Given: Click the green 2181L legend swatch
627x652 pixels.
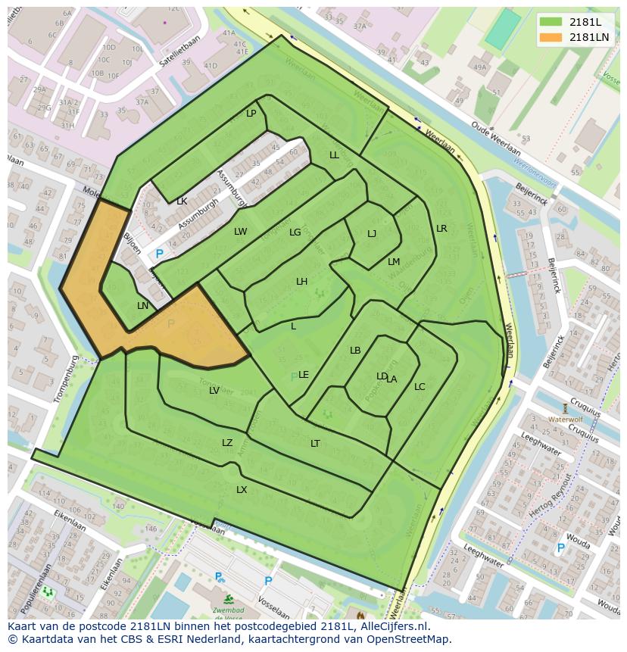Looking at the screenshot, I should pyautogui.click(x=550, y=22).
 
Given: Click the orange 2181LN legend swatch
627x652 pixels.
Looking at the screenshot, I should pyautogui.click(x=550, y=36).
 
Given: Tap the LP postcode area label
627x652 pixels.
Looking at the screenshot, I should pyautogui.click(x=251, y=114).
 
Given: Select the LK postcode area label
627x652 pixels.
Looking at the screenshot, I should pyautogui.click(x=182, y=201).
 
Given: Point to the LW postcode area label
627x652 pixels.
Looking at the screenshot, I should pyautogui.click(x=240, y=232).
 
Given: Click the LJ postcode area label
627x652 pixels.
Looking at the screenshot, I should pyautogui.click(x=372, y=234).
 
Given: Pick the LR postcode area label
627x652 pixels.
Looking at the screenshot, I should pyautogui.click(x=441, y=229).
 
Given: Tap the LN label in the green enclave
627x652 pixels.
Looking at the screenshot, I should pyautogui.click(x=143, y=306).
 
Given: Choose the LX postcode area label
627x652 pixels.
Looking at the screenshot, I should pyautogui.click(x=242, y=490).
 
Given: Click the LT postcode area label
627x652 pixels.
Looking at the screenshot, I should pyautogui.click(x=315, y=444).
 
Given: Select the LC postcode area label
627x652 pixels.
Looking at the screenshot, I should pyautogui.click(x=420, y=387).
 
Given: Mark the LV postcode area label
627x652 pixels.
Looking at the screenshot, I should pyautogui.click(x=214, y=391).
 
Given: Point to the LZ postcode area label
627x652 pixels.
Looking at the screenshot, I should pyautogui.click(x=227, y=443).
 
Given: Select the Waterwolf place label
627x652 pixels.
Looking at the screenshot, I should pyautogui.click(x=565, y=419).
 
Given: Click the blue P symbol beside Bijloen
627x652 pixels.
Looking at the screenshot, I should pyautogui.click(x=159, y=254).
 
